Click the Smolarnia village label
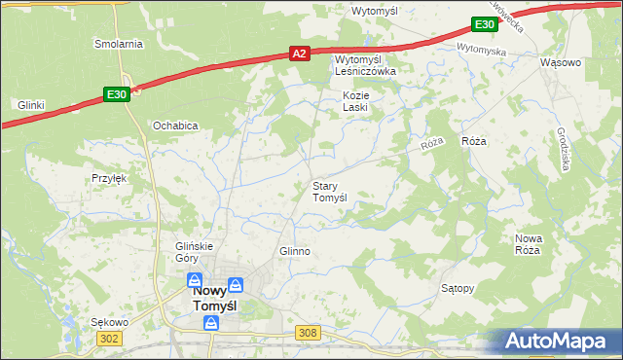[x=118, y=44]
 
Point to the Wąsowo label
[x=560, y=62]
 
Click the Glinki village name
[x=31, y=104]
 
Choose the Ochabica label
[x=175, y=126]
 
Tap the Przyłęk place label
[x=110, y=178]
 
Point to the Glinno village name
[x=294, y=251]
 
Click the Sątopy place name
[x=458, y=289]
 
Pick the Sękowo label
[x=109, y=322]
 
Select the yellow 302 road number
[x=109, y=337]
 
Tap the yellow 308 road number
[x=308, y=333]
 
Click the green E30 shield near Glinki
[x=115, y=94]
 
